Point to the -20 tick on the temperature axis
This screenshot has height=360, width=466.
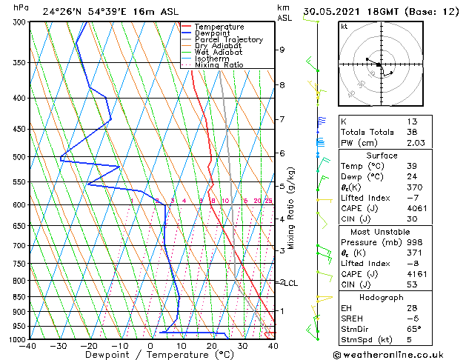point(89,345)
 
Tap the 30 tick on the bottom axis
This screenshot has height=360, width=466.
point(242,345)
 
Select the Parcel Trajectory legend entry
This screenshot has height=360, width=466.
point(228,39)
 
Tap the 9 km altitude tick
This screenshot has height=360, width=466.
point(282,50)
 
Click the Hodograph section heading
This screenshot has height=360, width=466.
point(382,297)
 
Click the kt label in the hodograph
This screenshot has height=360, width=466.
point(344,26)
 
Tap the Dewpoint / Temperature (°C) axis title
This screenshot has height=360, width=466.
point(151,355)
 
